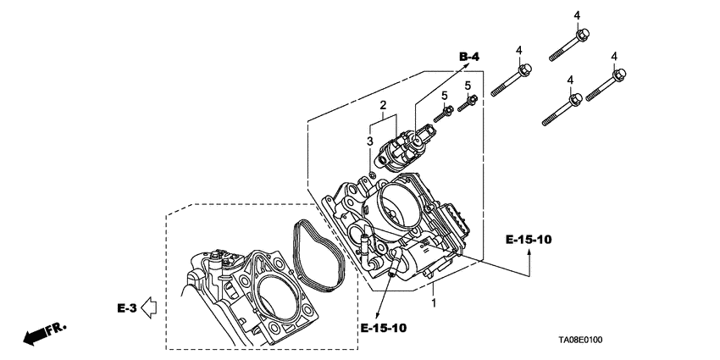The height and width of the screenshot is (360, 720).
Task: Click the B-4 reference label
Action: pyautogui.click(x=470, y=56)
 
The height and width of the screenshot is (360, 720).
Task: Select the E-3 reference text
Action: pyautogui.click(x=126, y=307)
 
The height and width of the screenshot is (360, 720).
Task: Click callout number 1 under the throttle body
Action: pyautogui.click(x=434, y=302)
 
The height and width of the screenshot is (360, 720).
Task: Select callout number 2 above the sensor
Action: pyautogui.click(x=383, y=106)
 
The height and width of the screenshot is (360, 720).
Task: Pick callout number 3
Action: pyautogui.click(x=369, y=141)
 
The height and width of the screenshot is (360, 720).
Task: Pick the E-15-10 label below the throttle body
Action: pyautogui.click(x=383, y=328)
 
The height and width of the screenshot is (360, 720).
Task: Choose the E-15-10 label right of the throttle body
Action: pyautogui.click(x=529, y=241)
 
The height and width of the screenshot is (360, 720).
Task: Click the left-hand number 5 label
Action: pyautogui.click(x=443, y=96)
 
